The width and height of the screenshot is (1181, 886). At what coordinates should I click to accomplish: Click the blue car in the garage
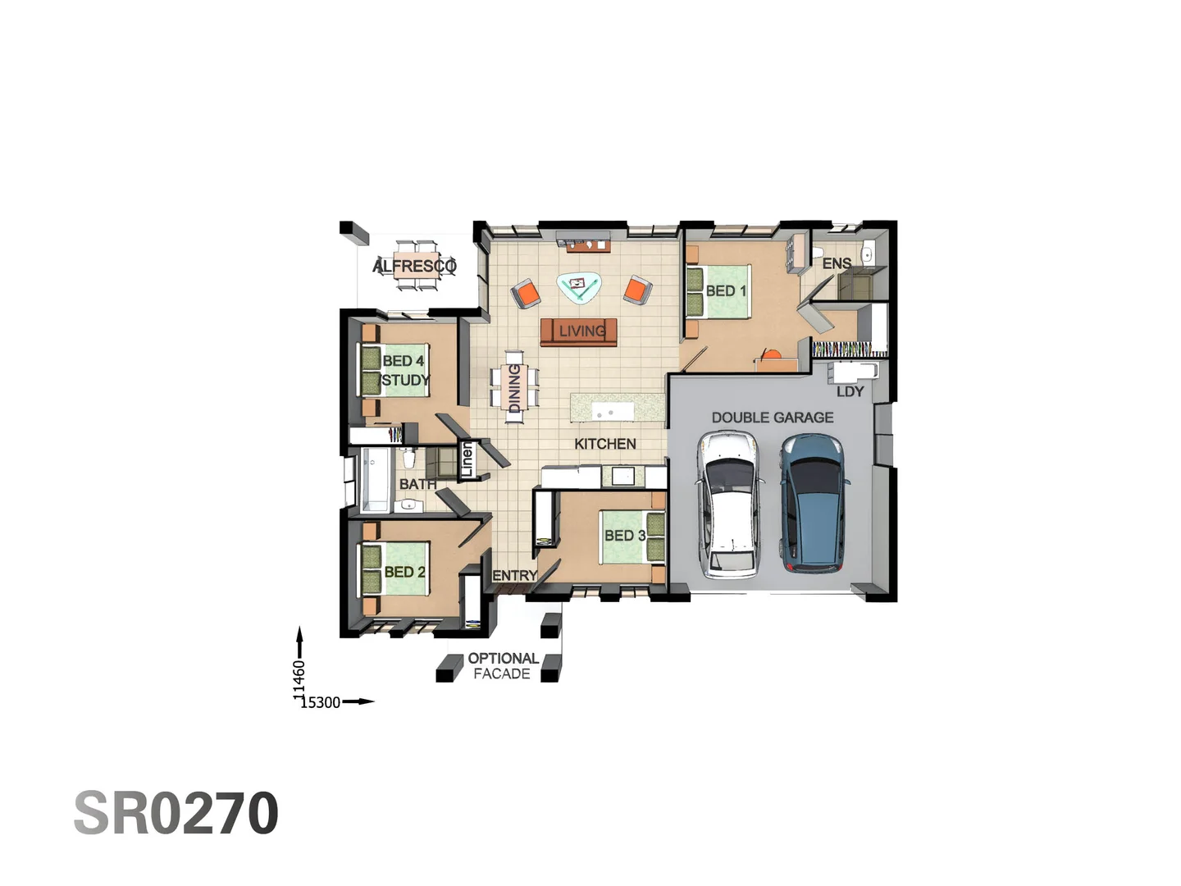814,502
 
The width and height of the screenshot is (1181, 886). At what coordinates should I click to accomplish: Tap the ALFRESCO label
414,266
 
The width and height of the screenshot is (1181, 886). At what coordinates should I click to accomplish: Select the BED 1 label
726,291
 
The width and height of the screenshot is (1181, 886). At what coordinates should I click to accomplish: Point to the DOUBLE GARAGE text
773,418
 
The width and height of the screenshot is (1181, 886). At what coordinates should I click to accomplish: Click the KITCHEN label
605,444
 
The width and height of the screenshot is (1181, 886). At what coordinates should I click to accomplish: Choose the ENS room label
837,263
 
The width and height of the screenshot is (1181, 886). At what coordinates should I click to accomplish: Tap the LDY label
850,391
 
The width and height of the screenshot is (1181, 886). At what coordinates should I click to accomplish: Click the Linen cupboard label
467,459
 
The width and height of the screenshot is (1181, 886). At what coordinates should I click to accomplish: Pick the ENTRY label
515,576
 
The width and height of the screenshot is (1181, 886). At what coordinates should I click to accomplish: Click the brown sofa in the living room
578,332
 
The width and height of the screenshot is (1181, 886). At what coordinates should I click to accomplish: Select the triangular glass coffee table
579,288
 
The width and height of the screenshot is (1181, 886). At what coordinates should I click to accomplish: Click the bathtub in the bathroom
375,479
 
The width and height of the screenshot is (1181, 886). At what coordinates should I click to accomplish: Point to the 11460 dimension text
299,680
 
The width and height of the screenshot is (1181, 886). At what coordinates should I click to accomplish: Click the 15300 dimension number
320,702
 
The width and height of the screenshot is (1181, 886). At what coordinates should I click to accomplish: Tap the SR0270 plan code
176,813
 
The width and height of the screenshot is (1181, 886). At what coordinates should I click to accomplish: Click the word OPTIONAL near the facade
503,659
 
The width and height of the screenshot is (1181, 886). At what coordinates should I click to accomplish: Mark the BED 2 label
404,572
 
